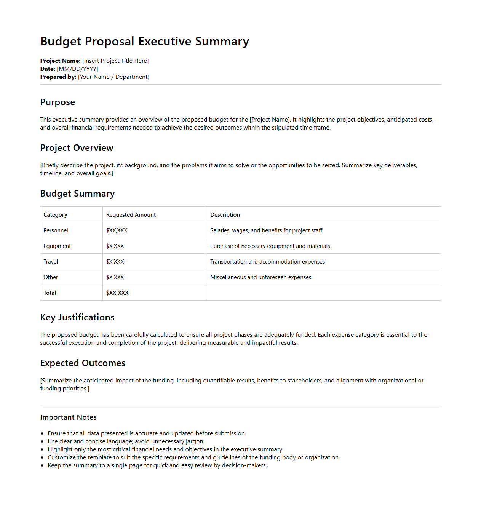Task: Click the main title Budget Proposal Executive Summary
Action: [144, 41]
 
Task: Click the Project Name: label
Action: [60, 61]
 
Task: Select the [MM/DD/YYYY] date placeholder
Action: [77, 69]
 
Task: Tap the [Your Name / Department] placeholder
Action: [113, 77]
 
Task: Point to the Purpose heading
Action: [58, 102]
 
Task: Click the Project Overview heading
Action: [77, 148]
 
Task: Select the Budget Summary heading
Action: [77, 194]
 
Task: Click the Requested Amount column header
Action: [131, 215]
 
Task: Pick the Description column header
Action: [225, 215]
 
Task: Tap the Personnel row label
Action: [56, 230]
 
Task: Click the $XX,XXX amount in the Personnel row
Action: [117, 230]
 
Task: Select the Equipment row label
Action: [57, 246]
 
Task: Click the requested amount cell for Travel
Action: [115, 262]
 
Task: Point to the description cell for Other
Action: [260, 277]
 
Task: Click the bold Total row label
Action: [50, 293]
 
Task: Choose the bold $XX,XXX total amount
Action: [117, 293]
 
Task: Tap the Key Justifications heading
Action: [77, 317]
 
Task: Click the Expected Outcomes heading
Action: [83, 363]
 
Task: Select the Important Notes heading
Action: [68, 417]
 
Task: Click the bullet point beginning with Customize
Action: [193, 457]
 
